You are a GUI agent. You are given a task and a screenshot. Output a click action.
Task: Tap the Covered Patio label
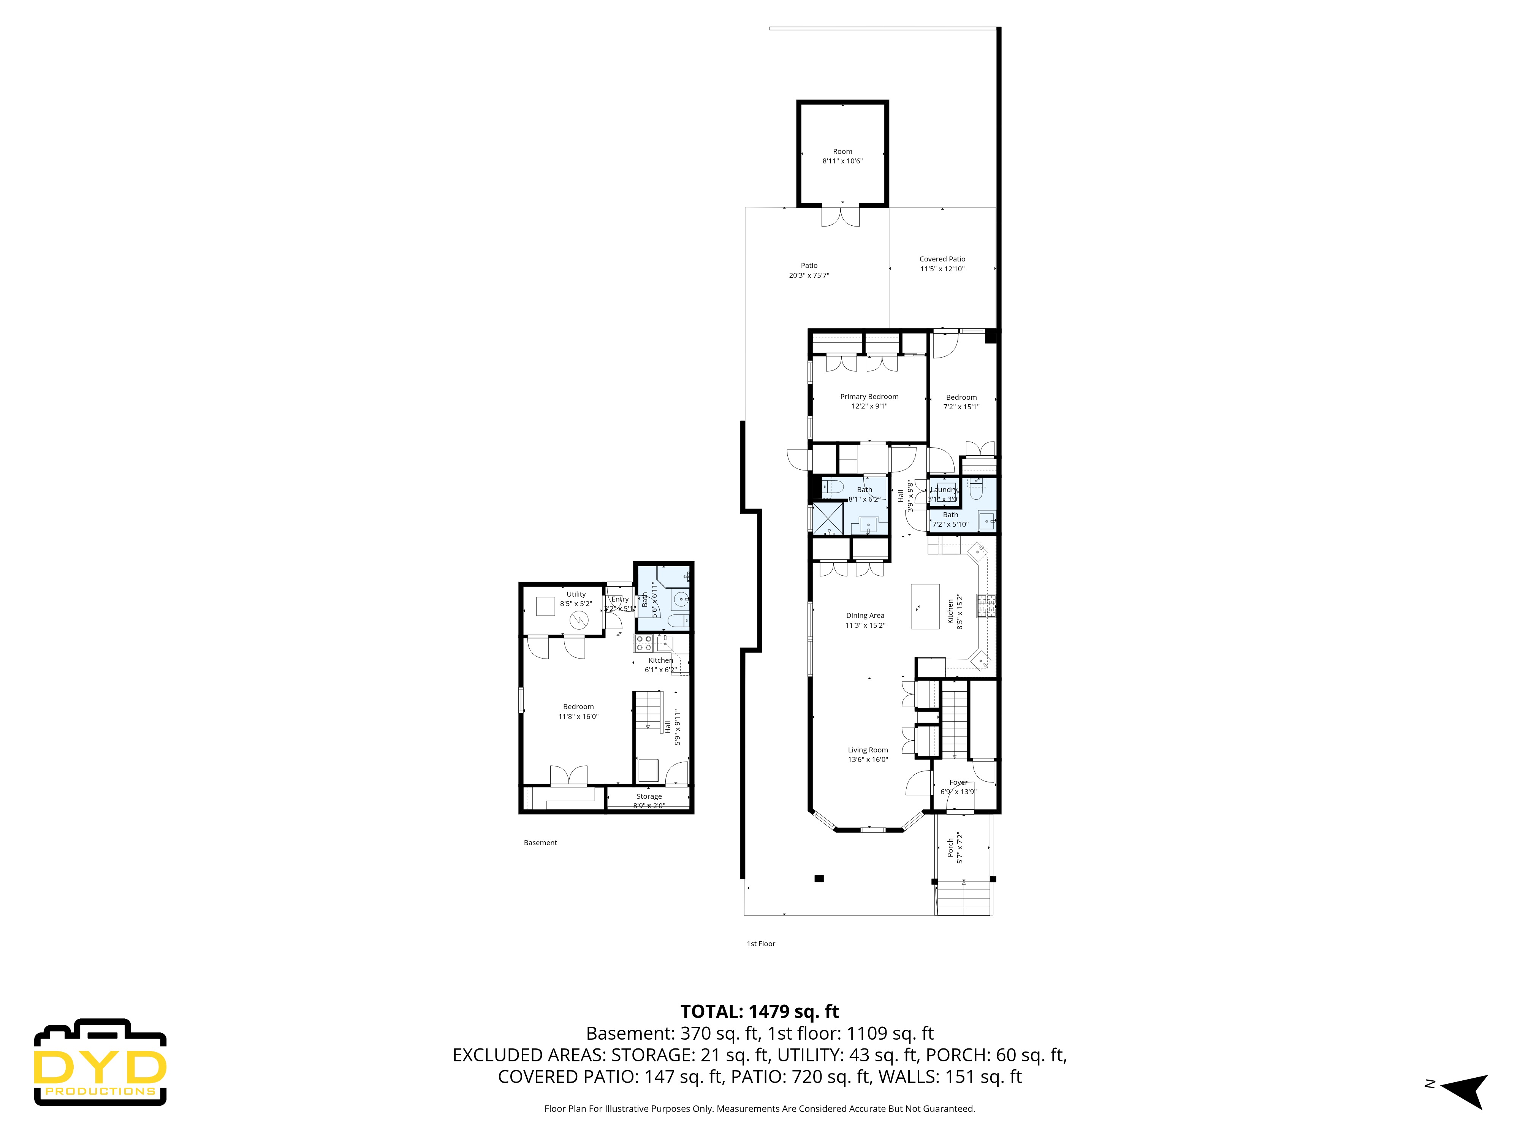[x=942, y=259]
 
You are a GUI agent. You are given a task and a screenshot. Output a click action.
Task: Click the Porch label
[x=950, y=847]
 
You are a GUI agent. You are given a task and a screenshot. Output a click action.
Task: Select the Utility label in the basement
[x=576, y=594]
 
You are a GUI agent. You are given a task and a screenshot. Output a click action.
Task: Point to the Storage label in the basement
[x=649, y=796]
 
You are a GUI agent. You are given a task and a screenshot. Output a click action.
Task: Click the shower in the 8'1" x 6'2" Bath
[x=828, y=519]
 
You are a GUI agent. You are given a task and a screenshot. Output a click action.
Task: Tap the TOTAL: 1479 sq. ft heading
[x=759, y=1012]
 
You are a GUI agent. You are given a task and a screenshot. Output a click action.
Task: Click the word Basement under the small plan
[x=540, y=842]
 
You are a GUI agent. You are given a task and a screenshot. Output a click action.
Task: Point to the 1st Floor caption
[x=761, y=944]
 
